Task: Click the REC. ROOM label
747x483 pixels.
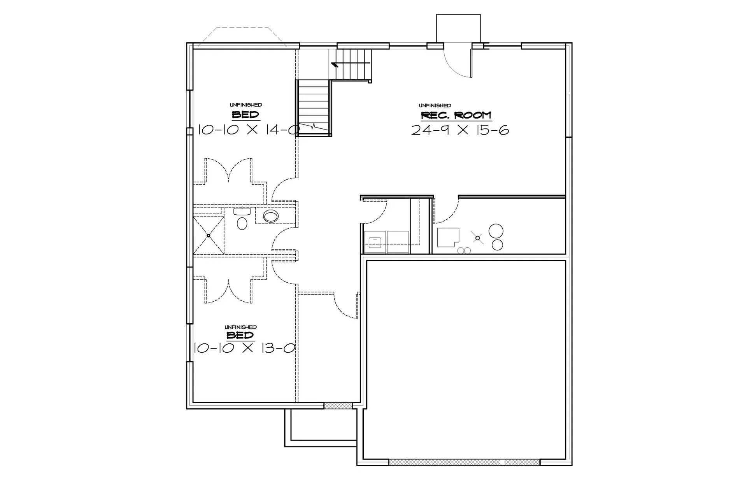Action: (x=456, y=115)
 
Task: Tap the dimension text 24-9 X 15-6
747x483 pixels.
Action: (x=460, y=130)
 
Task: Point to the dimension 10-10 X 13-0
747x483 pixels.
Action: (x=244, y=348)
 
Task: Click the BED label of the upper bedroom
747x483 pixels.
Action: (x=245, y=115)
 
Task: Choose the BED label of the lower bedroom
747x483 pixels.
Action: (x=240, y=335)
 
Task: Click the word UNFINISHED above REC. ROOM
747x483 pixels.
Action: (x=435, y=105)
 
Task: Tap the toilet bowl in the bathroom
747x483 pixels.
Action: (x=242, y=223)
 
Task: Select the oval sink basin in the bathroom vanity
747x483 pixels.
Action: (x=271, y=216)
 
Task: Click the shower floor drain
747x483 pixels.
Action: (x=209, y=235)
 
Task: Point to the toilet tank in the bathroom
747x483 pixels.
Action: (x=242, y=212)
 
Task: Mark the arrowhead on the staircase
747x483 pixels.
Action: (x=334, y=64)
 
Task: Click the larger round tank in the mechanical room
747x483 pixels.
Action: (x=496, y=231)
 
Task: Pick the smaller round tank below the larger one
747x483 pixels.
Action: (x=497, y=245)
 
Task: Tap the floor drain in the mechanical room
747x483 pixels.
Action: (x=478, y=238)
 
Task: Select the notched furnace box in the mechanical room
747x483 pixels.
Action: (x=448, y=238)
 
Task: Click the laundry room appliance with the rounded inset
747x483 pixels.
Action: (x=375, y=242)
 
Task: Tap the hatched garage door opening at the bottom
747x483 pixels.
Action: (x=464, y=462)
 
